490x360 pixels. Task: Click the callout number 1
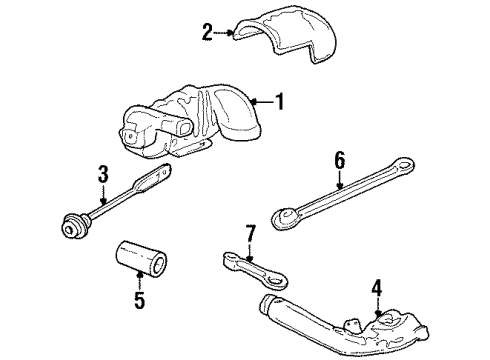280,100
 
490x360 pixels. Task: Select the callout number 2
207,32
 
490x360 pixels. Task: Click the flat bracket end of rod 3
150,184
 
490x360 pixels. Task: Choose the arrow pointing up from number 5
139,282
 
